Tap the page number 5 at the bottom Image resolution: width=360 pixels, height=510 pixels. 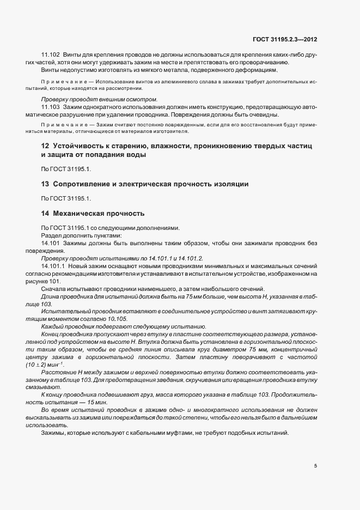coord(315,465)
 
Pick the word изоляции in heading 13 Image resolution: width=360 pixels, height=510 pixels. coord(230,184)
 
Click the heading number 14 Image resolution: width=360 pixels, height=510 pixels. coord(45,214)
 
